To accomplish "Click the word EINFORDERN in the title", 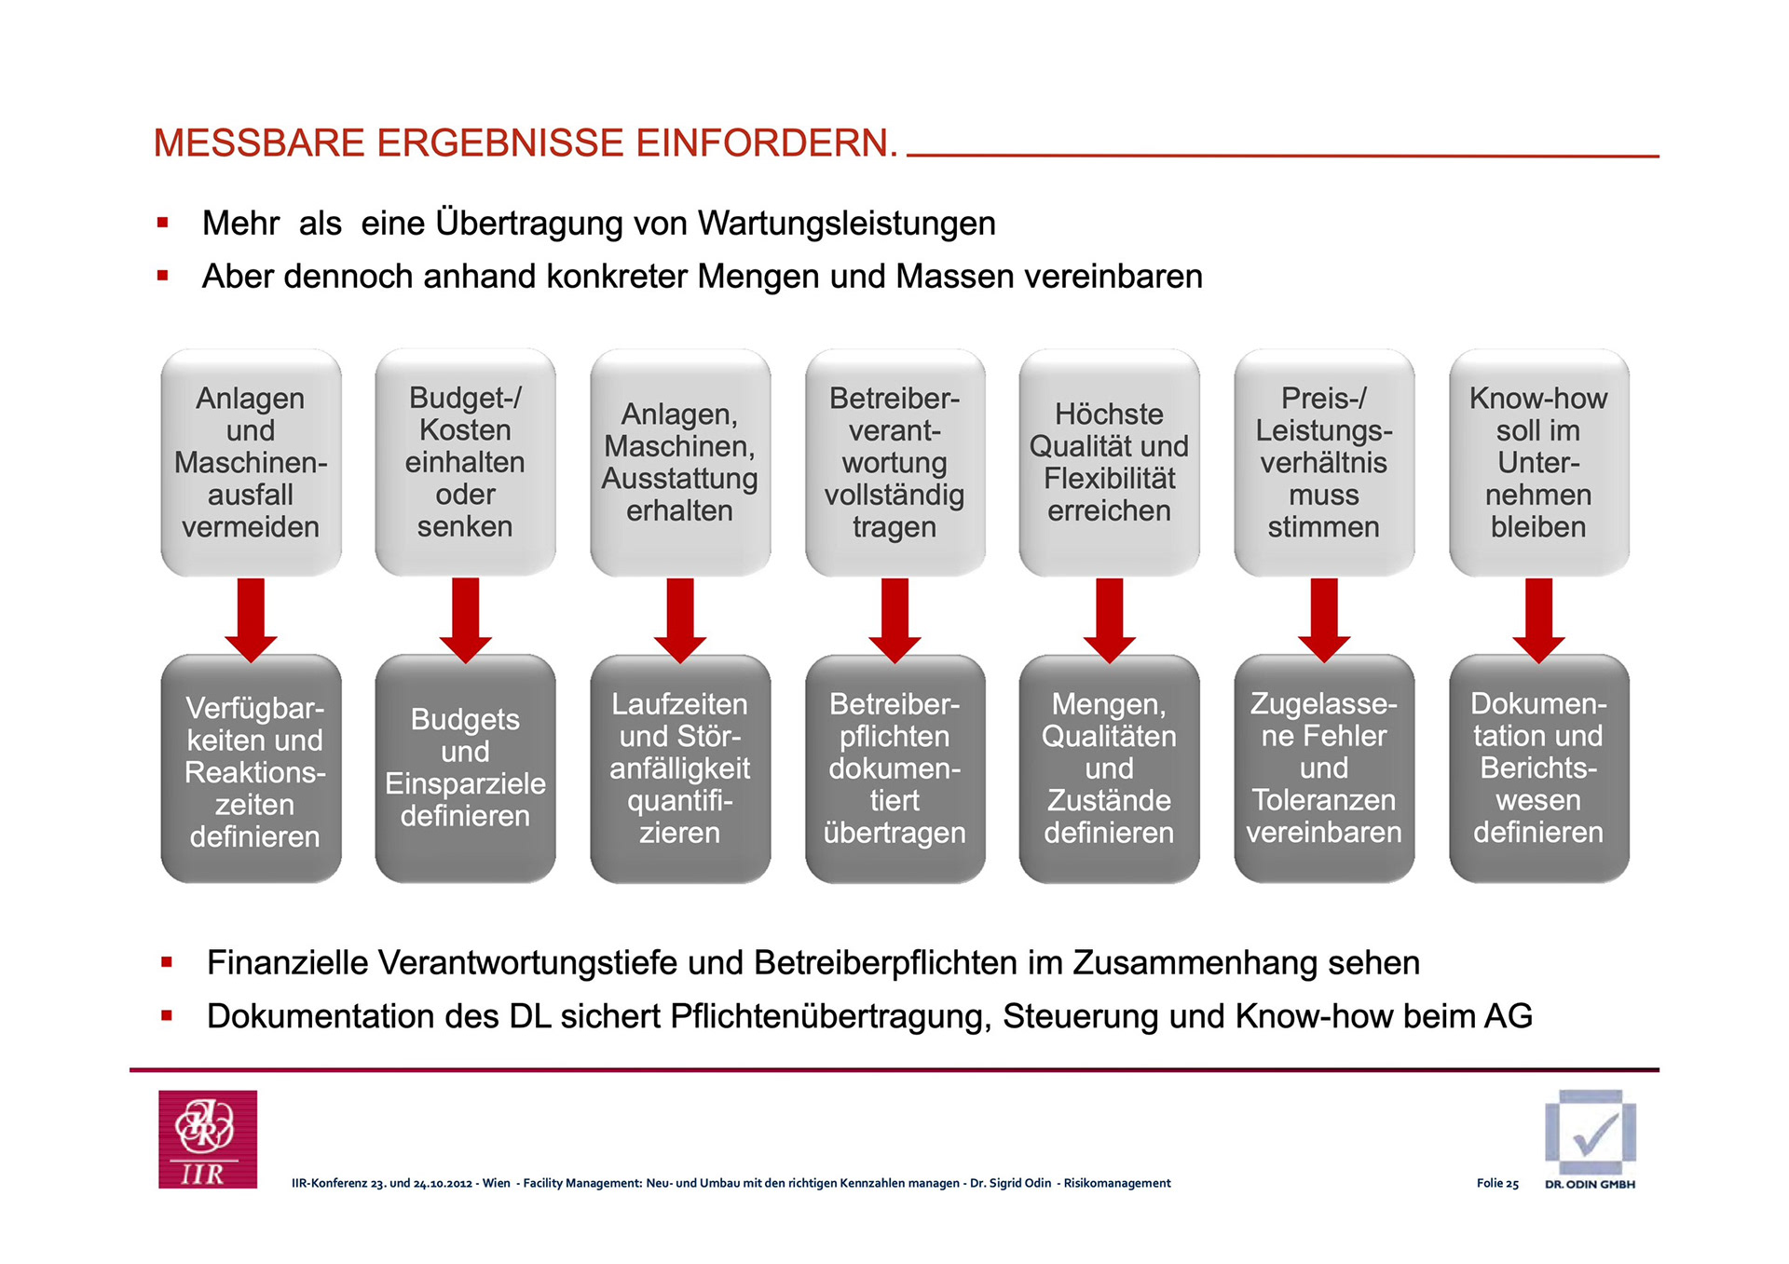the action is tap(766, 143).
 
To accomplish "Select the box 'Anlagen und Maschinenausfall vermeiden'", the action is tap(251, 463).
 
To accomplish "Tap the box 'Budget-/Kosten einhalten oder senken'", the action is tap(465, 463).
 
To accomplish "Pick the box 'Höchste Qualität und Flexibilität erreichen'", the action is tap(1109, 463).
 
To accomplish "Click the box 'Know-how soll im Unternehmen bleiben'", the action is tap(1538, 463).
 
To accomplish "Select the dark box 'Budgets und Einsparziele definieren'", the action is tap(465, 768).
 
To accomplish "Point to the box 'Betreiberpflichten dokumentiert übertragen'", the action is tap(894, 768).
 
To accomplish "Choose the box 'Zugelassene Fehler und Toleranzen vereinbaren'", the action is tap(1324, 768).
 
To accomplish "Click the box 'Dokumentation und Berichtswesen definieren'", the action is tap(1538, 768).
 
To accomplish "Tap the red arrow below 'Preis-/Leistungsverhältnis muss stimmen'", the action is tap(1324, 618).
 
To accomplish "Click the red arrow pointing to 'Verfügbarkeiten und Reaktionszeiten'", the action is tap(251, 618).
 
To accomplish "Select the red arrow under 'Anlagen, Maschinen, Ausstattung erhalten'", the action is tap(680, 618).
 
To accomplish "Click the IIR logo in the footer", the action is tap(208, 1139).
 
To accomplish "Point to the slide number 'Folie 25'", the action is tap(1497, 1184).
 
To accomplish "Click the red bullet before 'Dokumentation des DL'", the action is tap(167, 1016).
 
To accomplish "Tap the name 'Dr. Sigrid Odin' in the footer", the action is tap(1010, 1184).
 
